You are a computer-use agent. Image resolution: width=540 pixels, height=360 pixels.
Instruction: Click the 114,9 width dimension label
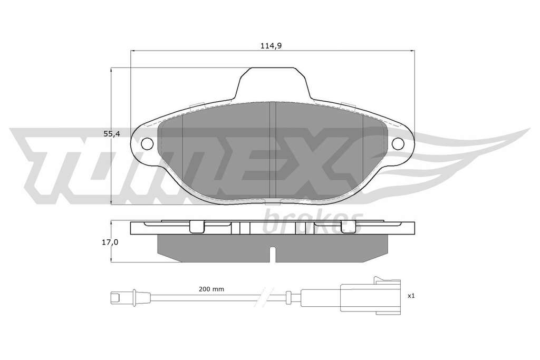[x=271, y=46]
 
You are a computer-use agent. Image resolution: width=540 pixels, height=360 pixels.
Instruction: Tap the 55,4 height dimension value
[x=112, y=134]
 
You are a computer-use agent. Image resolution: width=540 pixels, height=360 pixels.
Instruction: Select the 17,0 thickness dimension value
[x=110, y=242]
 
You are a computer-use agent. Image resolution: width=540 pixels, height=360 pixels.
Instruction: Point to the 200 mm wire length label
[x=211, y=289]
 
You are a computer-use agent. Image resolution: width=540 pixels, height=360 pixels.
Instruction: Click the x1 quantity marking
[x=411, y=296]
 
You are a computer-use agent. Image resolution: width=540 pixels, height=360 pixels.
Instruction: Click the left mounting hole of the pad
[x=148, y=143]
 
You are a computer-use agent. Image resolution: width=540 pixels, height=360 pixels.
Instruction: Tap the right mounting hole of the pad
[x=398, y=143]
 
